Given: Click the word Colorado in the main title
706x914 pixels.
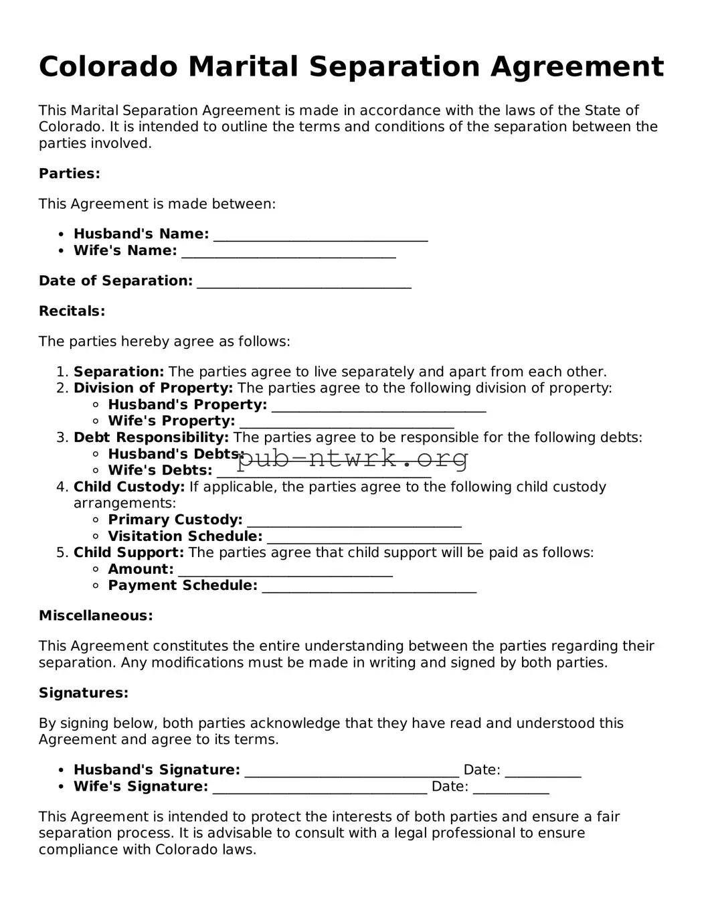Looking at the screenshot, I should (108, 67).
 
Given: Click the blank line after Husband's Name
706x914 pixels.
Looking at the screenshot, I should (321, 236).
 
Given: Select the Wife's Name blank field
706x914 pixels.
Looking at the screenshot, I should (288, 253).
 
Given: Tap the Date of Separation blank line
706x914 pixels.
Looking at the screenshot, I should (304, 283).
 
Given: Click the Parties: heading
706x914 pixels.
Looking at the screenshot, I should (70, 174).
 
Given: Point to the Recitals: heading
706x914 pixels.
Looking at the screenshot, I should (72, 311).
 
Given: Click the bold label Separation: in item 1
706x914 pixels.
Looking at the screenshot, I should (118, 372).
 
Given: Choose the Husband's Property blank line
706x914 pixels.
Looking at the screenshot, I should (379, 407).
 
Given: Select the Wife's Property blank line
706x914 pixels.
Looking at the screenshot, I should (347, 424).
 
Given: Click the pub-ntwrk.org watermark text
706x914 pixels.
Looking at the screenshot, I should (353, 459).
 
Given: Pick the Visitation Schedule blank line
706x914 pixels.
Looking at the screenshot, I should (374, 539).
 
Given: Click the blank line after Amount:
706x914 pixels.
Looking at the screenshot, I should (285, 572).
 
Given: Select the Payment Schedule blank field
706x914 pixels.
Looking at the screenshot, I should (369, 589).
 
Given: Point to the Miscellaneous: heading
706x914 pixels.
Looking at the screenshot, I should (96, 616).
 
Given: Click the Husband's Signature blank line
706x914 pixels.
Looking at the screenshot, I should (352, 773).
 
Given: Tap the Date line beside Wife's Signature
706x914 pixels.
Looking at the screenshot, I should (511, 789).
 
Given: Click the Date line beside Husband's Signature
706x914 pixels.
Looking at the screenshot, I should (543, 773).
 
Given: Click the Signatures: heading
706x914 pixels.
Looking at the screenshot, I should (84, 693).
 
